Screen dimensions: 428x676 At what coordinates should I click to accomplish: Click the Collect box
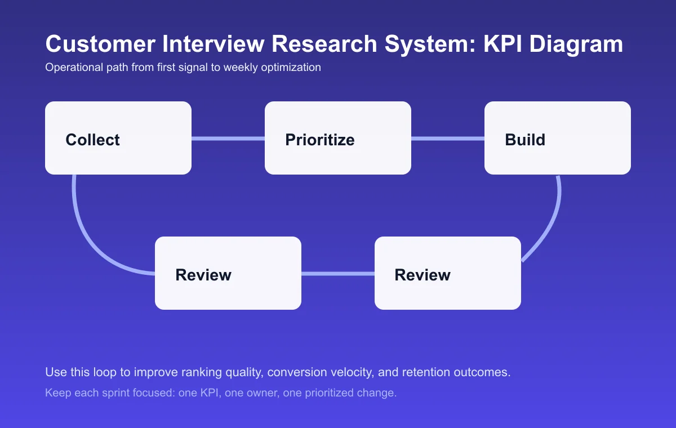pyautogui.click(x=118, y=138)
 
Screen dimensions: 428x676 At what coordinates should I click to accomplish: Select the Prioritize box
pyautogui.click(x=338, y=138)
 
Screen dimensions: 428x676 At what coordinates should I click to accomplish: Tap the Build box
pyautogui.click(x=558, y=138)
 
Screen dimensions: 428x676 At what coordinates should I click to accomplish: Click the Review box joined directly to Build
pyautogui.click(x=448, y=273)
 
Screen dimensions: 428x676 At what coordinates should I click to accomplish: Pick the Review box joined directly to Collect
pyautogui.click(x=228, y=273)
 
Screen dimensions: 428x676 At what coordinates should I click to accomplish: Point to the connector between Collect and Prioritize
pyautogui.click(x=228, y=139)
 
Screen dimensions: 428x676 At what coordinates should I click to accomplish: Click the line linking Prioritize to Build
pyautogui.click(x=448, y=139)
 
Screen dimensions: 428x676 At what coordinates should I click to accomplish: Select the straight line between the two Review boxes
pyautogui.click(x=338, y=274)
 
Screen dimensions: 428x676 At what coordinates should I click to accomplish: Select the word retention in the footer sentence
pyautogui.click(x=438, y=373)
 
